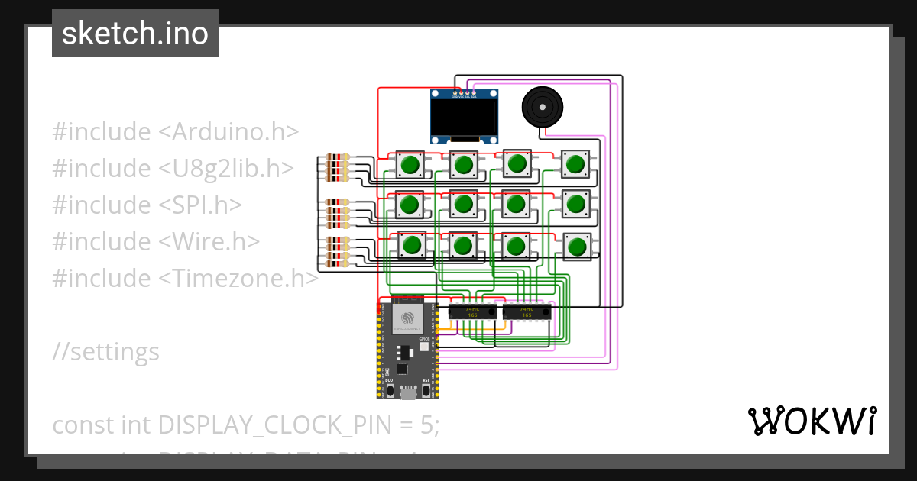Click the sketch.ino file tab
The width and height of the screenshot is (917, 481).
point(135,34)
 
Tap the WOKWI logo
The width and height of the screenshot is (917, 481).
point(811,421)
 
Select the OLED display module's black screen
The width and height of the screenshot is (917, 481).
point(465,118)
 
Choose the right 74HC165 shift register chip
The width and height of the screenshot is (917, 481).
point(527,312)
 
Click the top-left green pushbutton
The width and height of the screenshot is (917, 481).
point(410,164)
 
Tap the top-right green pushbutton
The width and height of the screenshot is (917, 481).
point(575,163)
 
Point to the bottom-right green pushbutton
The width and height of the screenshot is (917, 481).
point(575,246)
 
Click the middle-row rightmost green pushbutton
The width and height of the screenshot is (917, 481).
point(575,203)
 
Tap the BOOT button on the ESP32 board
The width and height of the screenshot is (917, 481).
point(390,390)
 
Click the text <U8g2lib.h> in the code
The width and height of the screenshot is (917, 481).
point(226,168)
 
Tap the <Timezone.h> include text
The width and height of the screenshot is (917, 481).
point(238,278)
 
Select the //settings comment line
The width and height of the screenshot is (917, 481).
point(106,351)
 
